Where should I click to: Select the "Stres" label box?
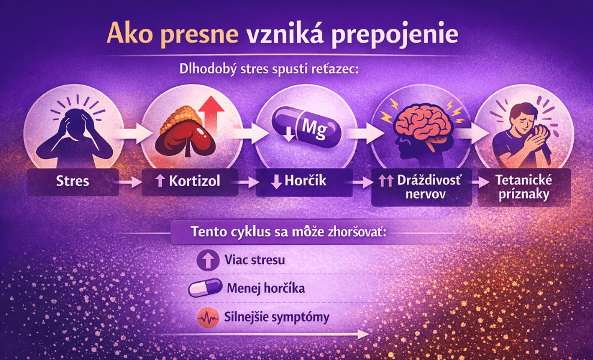(73, 180)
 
